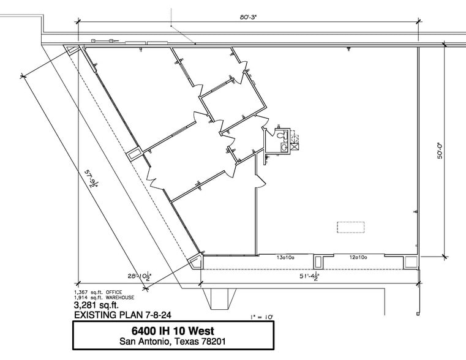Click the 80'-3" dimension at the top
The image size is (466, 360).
[247, 18]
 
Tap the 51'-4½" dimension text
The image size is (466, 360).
[310, 276]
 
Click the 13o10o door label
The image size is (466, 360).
[285, 258]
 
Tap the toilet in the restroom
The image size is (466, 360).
[280, 134]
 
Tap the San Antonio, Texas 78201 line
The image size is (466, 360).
[173, 341]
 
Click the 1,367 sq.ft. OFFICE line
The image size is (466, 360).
[99, 292]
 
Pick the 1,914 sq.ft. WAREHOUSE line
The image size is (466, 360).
[104, 298]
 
